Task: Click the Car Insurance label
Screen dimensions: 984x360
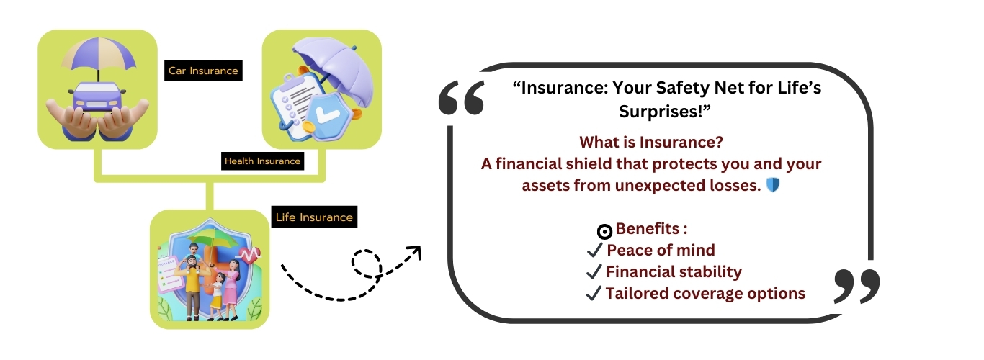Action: click(203, 71)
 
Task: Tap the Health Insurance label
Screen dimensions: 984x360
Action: click(262, 161)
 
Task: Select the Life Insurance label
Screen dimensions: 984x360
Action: click(314, 217)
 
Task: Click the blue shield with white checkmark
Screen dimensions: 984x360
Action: click(328, 115)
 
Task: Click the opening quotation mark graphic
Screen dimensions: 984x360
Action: click(462, 97)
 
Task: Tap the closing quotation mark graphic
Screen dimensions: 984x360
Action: click(856, 287)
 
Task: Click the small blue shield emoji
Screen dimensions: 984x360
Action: click(773, 185)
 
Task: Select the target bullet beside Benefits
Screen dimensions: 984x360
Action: click(604, 231)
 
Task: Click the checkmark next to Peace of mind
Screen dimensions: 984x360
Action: click(594, 251)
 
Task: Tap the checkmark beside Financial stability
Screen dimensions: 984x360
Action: click(594, 271)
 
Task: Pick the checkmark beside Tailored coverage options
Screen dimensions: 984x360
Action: click(594, 293)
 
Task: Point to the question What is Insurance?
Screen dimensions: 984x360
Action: click(651, 143)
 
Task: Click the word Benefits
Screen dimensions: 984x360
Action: click(648, 229)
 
